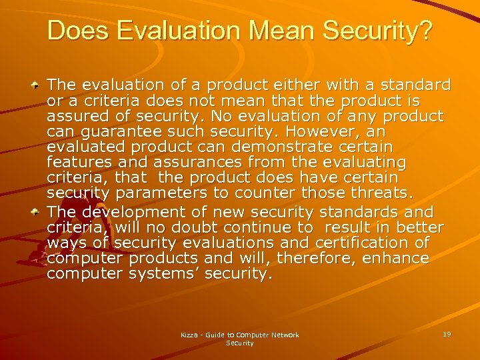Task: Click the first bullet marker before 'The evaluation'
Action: [38, 86]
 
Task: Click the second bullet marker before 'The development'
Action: [38, 213]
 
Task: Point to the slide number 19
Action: [446, 334]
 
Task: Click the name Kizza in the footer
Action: [191, 335]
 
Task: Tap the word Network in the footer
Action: [285, 335]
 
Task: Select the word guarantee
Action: [115, 132]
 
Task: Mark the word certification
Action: [352, 243]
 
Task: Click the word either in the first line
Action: [279, 85]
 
